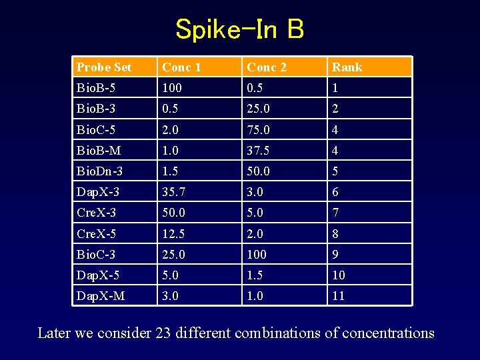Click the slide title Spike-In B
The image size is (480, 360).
click(240, 29)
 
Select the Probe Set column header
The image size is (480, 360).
click(104, 67)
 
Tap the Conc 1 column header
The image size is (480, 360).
click(181, 67)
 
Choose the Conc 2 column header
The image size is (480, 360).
click(266, 67)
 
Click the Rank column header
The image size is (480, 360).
click(347, 67)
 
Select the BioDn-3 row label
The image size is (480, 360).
click(100, 171)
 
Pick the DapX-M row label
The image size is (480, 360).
click(101, 295)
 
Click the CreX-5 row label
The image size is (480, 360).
click(97, 233)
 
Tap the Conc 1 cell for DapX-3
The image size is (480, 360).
click(173, 192)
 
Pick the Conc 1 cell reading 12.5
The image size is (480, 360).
click(173, 233)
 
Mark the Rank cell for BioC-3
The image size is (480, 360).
click(336, 254)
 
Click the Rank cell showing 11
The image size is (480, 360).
click(339, 295)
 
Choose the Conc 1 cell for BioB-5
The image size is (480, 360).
click(172, 88)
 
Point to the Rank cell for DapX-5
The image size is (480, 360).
click(339, 275)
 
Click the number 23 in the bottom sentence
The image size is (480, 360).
click(164, 333)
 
